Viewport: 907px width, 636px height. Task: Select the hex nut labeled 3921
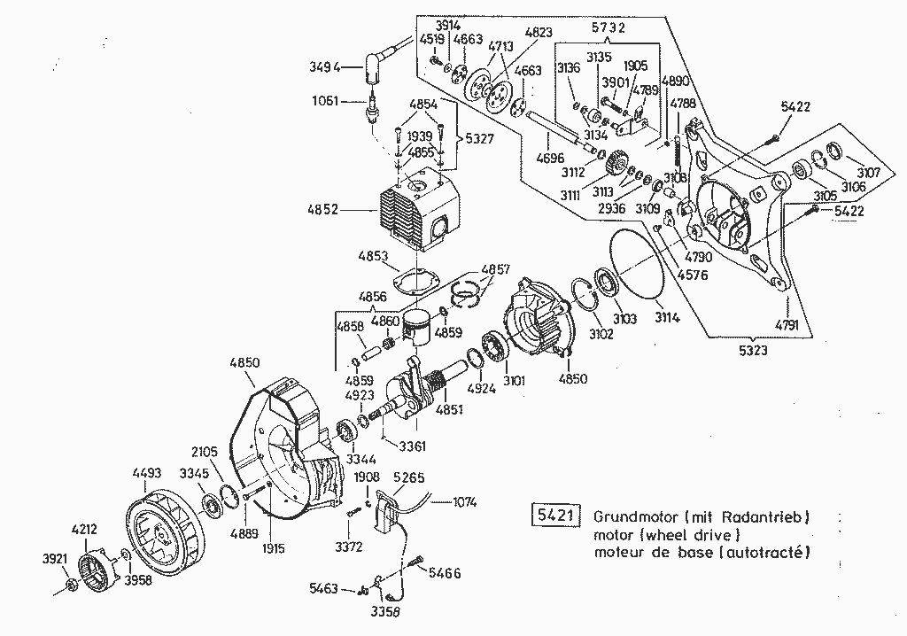[x=71, y=585]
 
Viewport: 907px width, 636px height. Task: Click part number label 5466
[x=445, y=574]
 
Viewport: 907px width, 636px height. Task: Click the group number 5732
[x=609, y=27]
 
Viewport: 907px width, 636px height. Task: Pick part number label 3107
[x=869, y=173]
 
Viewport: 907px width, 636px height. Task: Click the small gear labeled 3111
[x=617, y=166]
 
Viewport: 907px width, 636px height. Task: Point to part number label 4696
[x=550, y=159]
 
